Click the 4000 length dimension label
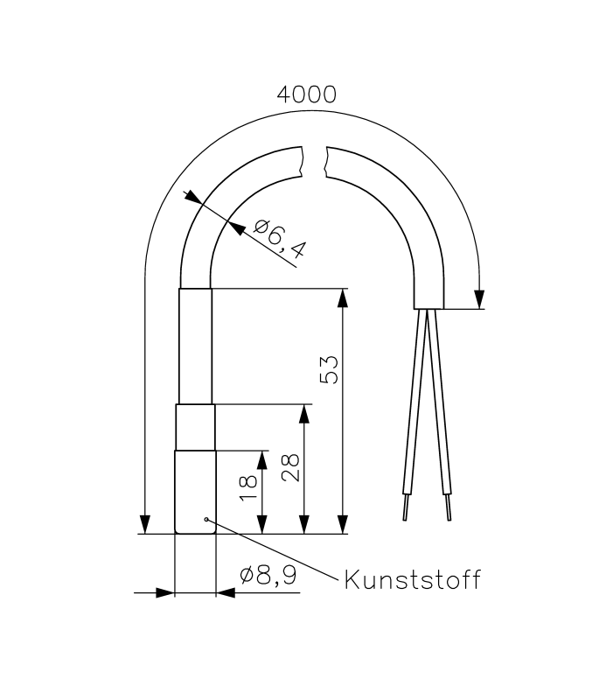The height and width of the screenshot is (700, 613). (x=306, y=94)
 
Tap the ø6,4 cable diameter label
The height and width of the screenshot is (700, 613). (x=280, y=239)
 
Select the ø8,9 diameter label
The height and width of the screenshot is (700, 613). (x=268, y=576)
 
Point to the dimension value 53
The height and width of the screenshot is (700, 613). (x=330, y=369)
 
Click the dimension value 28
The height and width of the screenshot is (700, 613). (x=291, y=467)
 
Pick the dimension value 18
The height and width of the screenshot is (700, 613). (x=248, y=488)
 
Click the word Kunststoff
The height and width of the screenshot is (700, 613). (x=412, y=580)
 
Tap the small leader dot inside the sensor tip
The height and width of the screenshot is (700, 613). (x=206, y=519)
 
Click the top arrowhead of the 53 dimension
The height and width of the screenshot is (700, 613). (x=343, y=298)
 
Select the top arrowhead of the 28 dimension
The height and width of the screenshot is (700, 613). (x=304, y=414)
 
